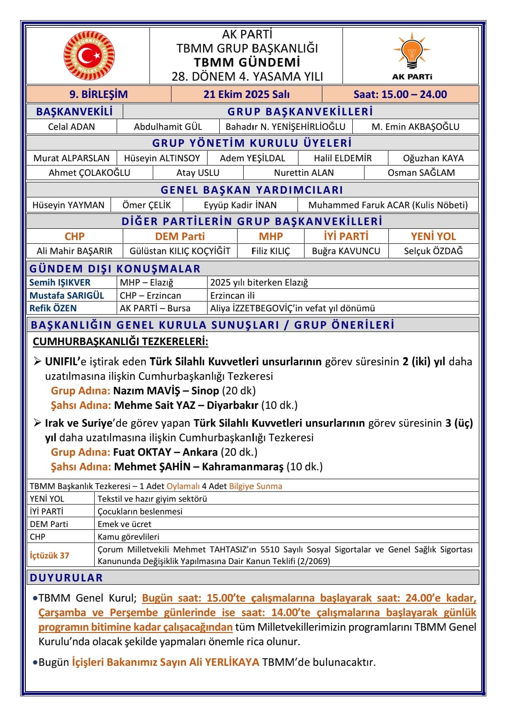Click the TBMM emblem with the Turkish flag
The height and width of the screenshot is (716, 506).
pos(89,56)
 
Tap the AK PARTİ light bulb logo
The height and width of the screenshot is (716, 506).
pos(412,50)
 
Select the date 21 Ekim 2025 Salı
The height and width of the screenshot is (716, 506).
pos(246,94)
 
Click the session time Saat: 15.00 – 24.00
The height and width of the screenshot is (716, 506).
pos(400,94)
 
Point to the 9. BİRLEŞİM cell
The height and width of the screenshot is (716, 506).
pos(98,94)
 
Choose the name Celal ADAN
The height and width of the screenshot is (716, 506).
pos(71,127)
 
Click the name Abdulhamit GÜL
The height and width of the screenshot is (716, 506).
pos(168,127)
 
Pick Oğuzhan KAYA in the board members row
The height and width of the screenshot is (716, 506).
pos(433,158)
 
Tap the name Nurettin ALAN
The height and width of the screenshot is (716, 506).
pos(304,173)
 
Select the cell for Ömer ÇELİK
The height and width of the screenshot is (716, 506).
pos(147,205)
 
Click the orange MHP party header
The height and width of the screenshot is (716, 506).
pos(271,236)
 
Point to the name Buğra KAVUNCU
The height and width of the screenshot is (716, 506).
pos(346,251)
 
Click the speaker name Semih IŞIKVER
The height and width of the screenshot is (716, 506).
pos(60,282)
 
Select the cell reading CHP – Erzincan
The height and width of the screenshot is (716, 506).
pos(150,295)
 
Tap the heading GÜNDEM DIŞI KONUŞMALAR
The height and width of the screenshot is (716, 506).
pos(115,269)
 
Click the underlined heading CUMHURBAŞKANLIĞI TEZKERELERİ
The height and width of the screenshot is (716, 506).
pos(120,341)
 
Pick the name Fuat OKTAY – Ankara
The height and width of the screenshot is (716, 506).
pos(165,452)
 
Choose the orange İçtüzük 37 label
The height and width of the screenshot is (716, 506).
pos(50,556)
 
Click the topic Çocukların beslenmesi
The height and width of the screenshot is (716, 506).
pos(140,511)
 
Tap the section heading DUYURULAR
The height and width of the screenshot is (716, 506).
pos(66,578)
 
